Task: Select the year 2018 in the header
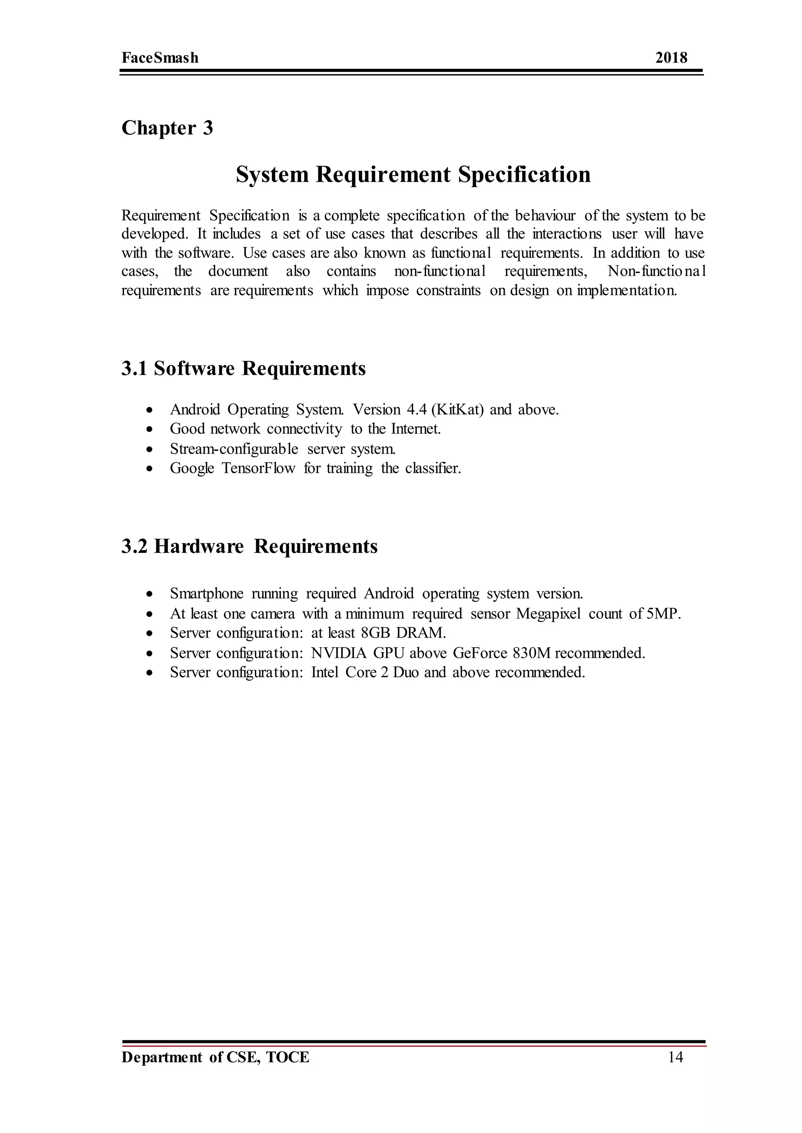pos(671,58)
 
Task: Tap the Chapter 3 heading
pos(167,128)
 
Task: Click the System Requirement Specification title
pos(413,174)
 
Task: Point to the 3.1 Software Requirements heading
pos(244,369)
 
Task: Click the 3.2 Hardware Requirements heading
pos(249,547)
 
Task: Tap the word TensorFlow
pos(258,468)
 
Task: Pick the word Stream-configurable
pos(234,449)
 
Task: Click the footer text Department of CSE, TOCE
pos(215,1057)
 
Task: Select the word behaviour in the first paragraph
pos(545,216)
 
